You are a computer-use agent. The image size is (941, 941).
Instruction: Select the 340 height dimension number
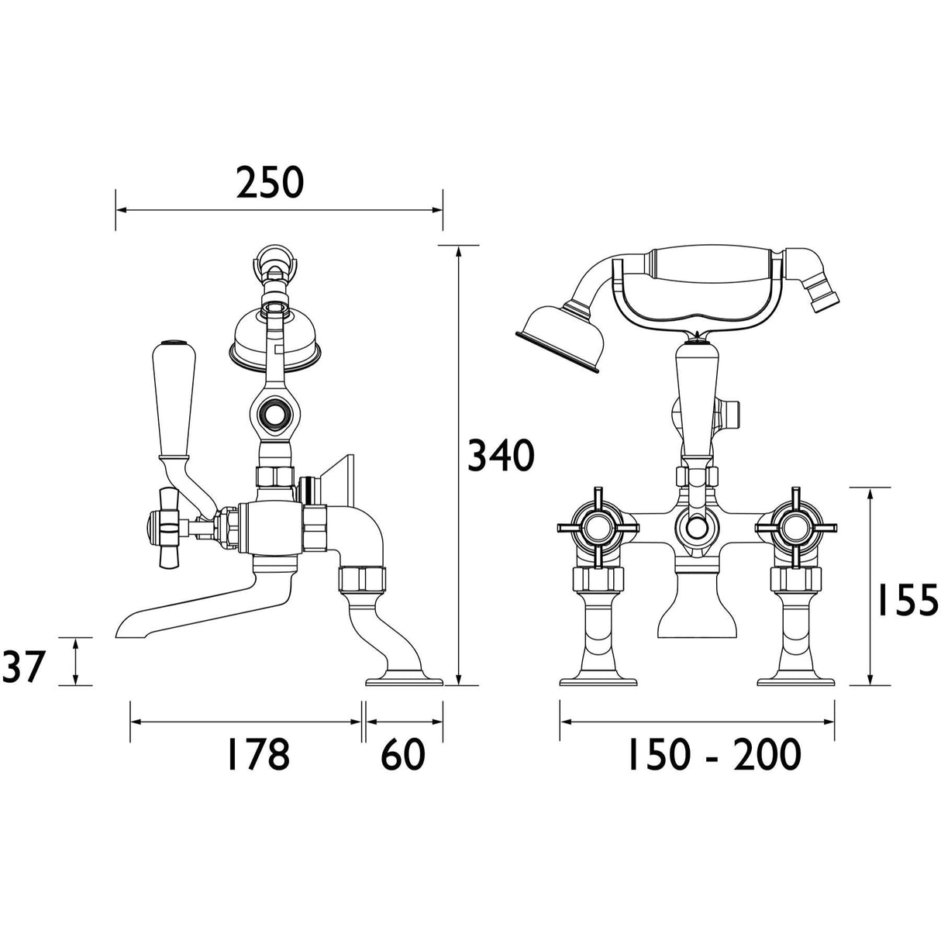point(501,456)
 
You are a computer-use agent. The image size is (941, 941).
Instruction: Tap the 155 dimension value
point(907,598)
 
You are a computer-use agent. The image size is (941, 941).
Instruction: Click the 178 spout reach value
point(257,754)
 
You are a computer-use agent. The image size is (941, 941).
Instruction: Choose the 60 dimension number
point(403,754)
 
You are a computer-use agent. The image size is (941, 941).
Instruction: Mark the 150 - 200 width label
point(712,754)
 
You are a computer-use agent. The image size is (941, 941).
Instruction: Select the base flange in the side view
point(403,681)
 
